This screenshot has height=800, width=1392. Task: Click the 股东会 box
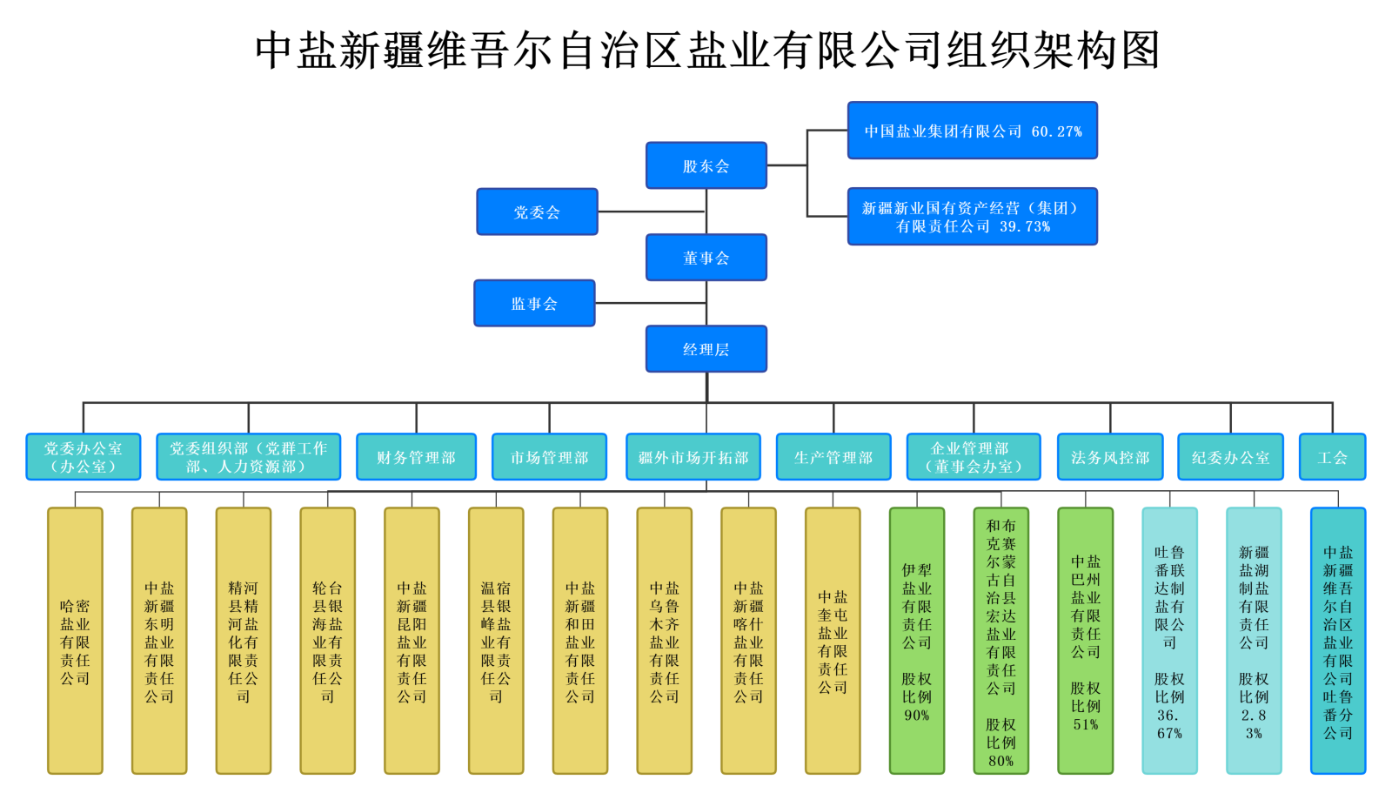click(x=706, y=165)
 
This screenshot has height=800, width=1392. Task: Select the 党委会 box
click(x=537, y=212)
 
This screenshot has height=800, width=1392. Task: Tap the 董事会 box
click(x=706, y=258)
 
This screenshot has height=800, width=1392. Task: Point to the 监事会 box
click(x=534, y=303)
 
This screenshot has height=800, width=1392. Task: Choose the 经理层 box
click(x=706, y=349)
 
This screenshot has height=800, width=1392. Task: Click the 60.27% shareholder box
click(x=972, y=131)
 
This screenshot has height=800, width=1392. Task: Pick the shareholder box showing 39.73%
click(x=972, y=217)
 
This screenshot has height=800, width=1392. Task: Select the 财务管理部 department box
click(x=416, y=457)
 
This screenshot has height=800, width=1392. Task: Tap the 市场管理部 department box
click(x=549, y=457)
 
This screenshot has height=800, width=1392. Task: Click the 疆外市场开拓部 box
click(x=693, y=457)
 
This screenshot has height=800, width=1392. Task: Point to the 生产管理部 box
click(x=833, y=457)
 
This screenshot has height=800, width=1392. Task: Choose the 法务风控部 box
click(x=1109, y=457)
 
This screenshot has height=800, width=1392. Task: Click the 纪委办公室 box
click(x=1230, y=457)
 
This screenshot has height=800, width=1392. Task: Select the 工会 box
click(x=1332, y=457)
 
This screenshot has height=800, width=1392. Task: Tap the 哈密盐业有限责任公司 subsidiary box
click(x=75, y=642)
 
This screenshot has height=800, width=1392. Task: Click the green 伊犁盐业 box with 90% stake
click(x=916, y=642)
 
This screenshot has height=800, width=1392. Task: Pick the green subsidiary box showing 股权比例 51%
click(x=1085, y=642)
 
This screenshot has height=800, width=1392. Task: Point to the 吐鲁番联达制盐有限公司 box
click(x=1169, y=642)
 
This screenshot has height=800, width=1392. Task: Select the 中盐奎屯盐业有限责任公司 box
click(x=833, y=642)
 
